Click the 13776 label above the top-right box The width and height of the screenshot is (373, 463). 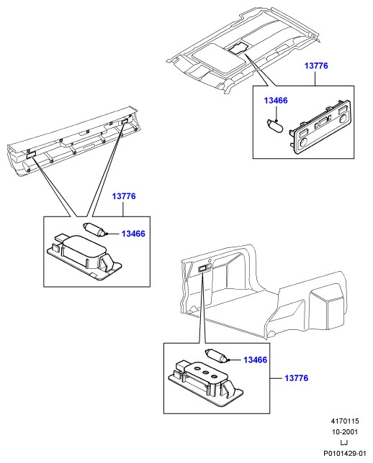click(316, 65)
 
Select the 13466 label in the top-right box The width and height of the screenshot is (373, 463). click(276, 101)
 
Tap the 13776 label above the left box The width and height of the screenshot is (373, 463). click(124, 196)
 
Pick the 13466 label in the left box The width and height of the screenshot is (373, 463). click(133, 234)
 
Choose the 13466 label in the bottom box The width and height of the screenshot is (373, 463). click(256, 359)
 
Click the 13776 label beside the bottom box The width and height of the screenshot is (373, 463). click(297, 378)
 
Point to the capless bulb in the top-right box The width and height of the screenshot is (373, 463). click(274, 126)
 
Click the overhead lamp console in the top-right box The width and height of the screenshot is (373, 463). click(319, 127)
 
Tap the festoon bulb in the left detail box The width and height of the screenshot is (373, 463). click(94, 229)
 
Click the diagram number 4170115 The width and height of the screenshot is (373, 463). click(344, 421)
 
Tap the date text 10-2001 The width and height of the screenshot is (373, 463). click(345, 431)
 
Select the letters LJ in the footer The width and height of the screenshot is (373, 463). click(344, 442)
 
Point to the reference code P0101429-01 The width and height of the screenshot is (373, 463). click(345, 453)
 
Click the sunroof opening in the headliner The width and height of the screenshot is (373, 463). click(219, 58)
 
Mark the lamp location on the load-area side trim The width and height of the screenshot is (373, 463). click(202, 269)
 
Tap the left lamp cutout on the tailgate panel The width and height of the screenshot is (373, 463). click(32, 154)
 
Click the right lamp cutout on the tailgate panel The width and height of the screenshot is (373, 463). click(125, 121)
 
